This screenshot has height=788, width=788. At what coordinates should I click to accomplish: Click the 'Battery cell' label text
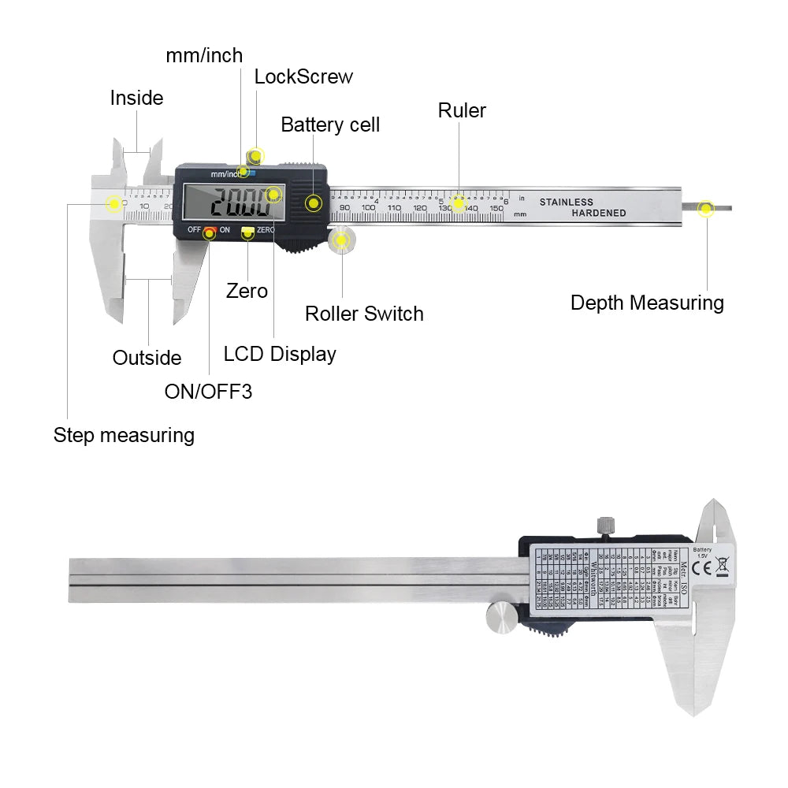point(330,125)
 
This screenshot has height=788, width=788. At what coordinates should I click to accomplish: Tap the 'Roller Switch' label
point(364,314)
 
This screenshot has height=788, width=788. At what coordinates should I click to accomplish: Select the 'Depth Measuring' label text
point(647,303)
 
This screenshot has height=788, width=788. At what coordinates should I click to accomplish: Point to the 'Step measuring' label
point(124,435)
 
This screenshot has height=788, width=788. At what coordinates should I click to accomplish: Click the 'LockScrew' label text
point(303,76)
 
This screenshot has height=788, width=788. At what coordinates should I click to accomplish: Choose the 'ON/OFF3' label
point(208,391)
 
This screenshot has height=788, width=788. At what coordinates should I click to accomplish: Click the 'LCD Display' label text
point(280,354)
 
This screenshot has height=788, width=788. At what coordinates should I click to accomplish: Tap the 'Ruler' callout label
point(462,110)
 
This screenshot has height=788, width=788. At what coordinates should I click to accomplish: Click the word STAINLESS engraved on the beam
point(566,203)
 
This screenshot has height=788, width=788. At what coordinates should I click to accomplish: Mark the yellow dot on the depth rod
point(706,209)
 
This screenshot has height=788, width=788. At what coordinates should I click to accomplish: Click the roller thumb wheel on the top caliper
point(341,240)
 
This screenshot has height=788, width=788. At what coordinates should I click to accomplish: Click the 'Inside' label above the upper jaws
point(136,98)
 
